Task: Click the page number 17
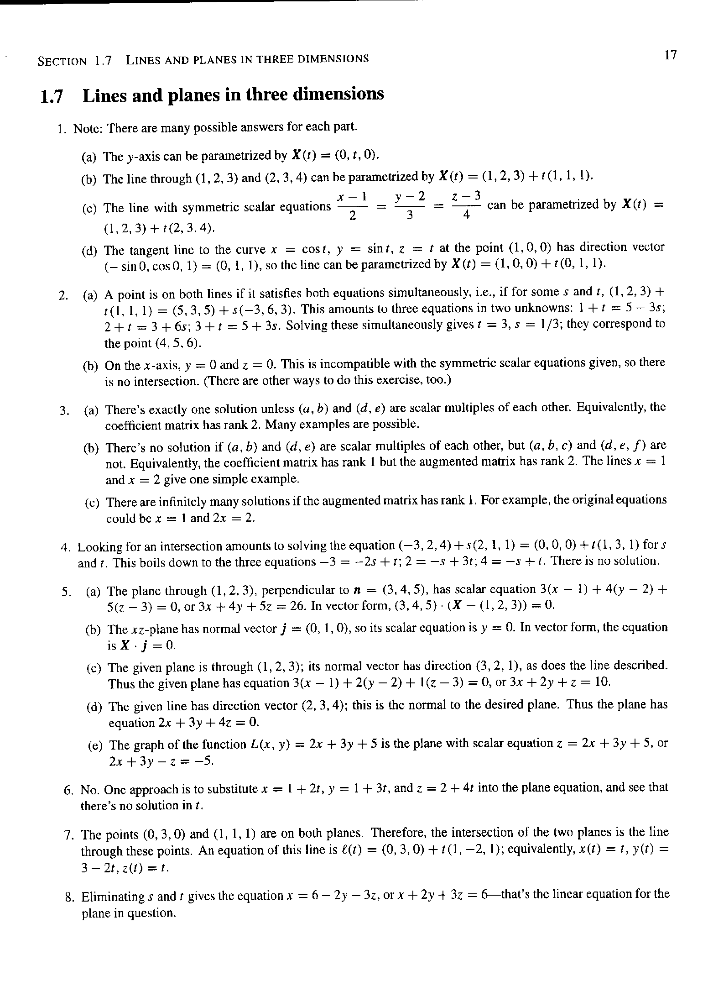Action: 670,55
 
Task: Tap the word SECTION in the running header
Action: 62,61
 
